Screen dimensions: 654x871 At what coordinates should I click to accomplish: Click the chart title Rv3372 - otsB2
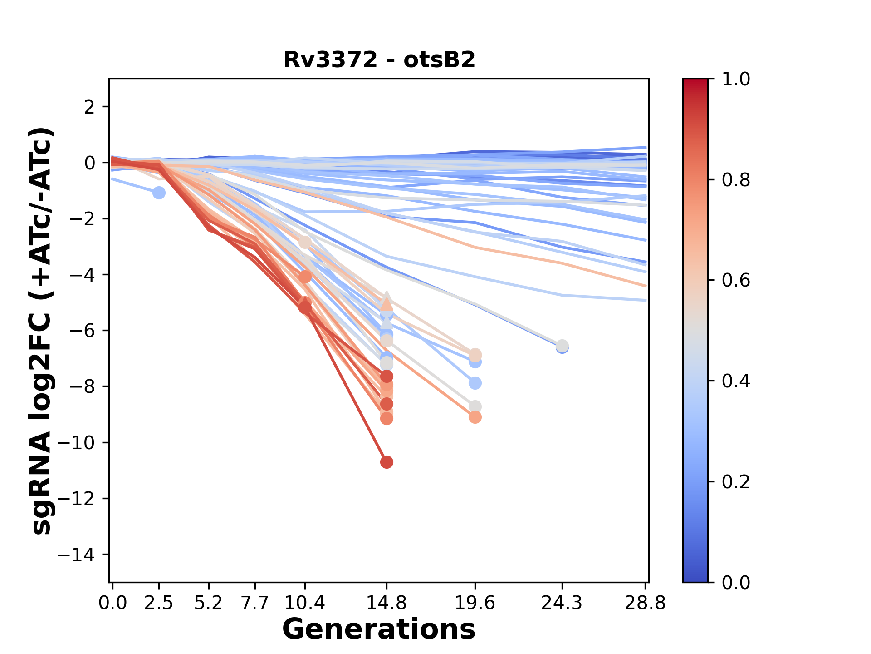tap(379, 59)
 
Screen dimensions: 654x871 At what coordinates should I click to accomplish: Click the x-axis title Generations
tap(379, 629)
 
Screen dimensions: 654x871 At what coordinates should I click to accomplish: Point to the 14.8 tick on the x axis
tap(387, 603)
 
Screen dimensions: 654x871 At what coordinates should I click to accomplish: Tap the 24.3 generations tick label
tap(562, 603)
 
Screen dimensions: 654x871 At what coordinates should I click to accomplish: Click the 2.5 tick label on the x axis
tap(159, 603)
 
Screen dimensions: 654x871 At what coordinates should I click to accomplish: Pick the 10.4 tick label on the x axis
tap(305, 603)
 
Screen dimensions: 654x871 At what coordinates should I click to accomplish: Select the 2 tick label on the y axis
tap(90, 107)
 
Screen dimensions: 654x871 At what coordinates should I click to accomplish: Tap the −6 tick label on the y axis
tap(82, 331)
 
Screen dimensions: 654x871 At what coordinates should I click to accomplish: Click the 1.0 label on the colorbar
tap(736, 79)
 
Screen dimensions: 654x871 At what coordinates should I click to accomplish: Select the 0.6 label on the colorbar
tap(736, 280)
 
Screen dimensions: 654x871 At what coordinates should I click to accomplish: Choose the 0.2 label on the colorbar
tap(736, 481)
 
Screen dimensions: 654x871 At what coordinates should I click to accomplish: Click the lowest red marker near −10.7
tap(387, 462)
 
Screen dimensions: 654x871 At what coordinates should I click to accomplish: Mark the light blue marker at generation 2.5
tap(159, 193)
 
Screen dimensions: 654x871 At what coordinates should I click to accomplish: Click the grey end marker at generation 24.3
tap(562, 345)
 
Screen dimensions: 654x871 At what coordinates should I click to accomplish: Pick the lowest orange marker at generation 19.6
tap(475, 417)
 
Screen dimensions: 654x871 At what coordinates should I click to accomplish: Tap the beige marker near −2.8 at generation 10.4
tap(305, 242)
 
